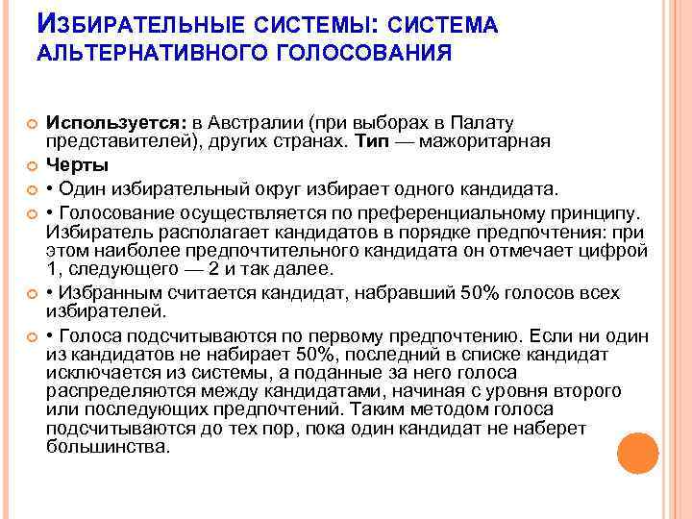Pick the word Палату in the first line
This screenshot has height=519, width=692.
482,124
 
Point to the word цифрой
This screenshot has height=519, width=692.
619,252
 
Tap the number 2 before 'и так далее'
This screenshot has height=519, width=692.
233,270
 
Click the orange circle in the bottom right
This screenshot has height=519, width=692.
637,453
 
